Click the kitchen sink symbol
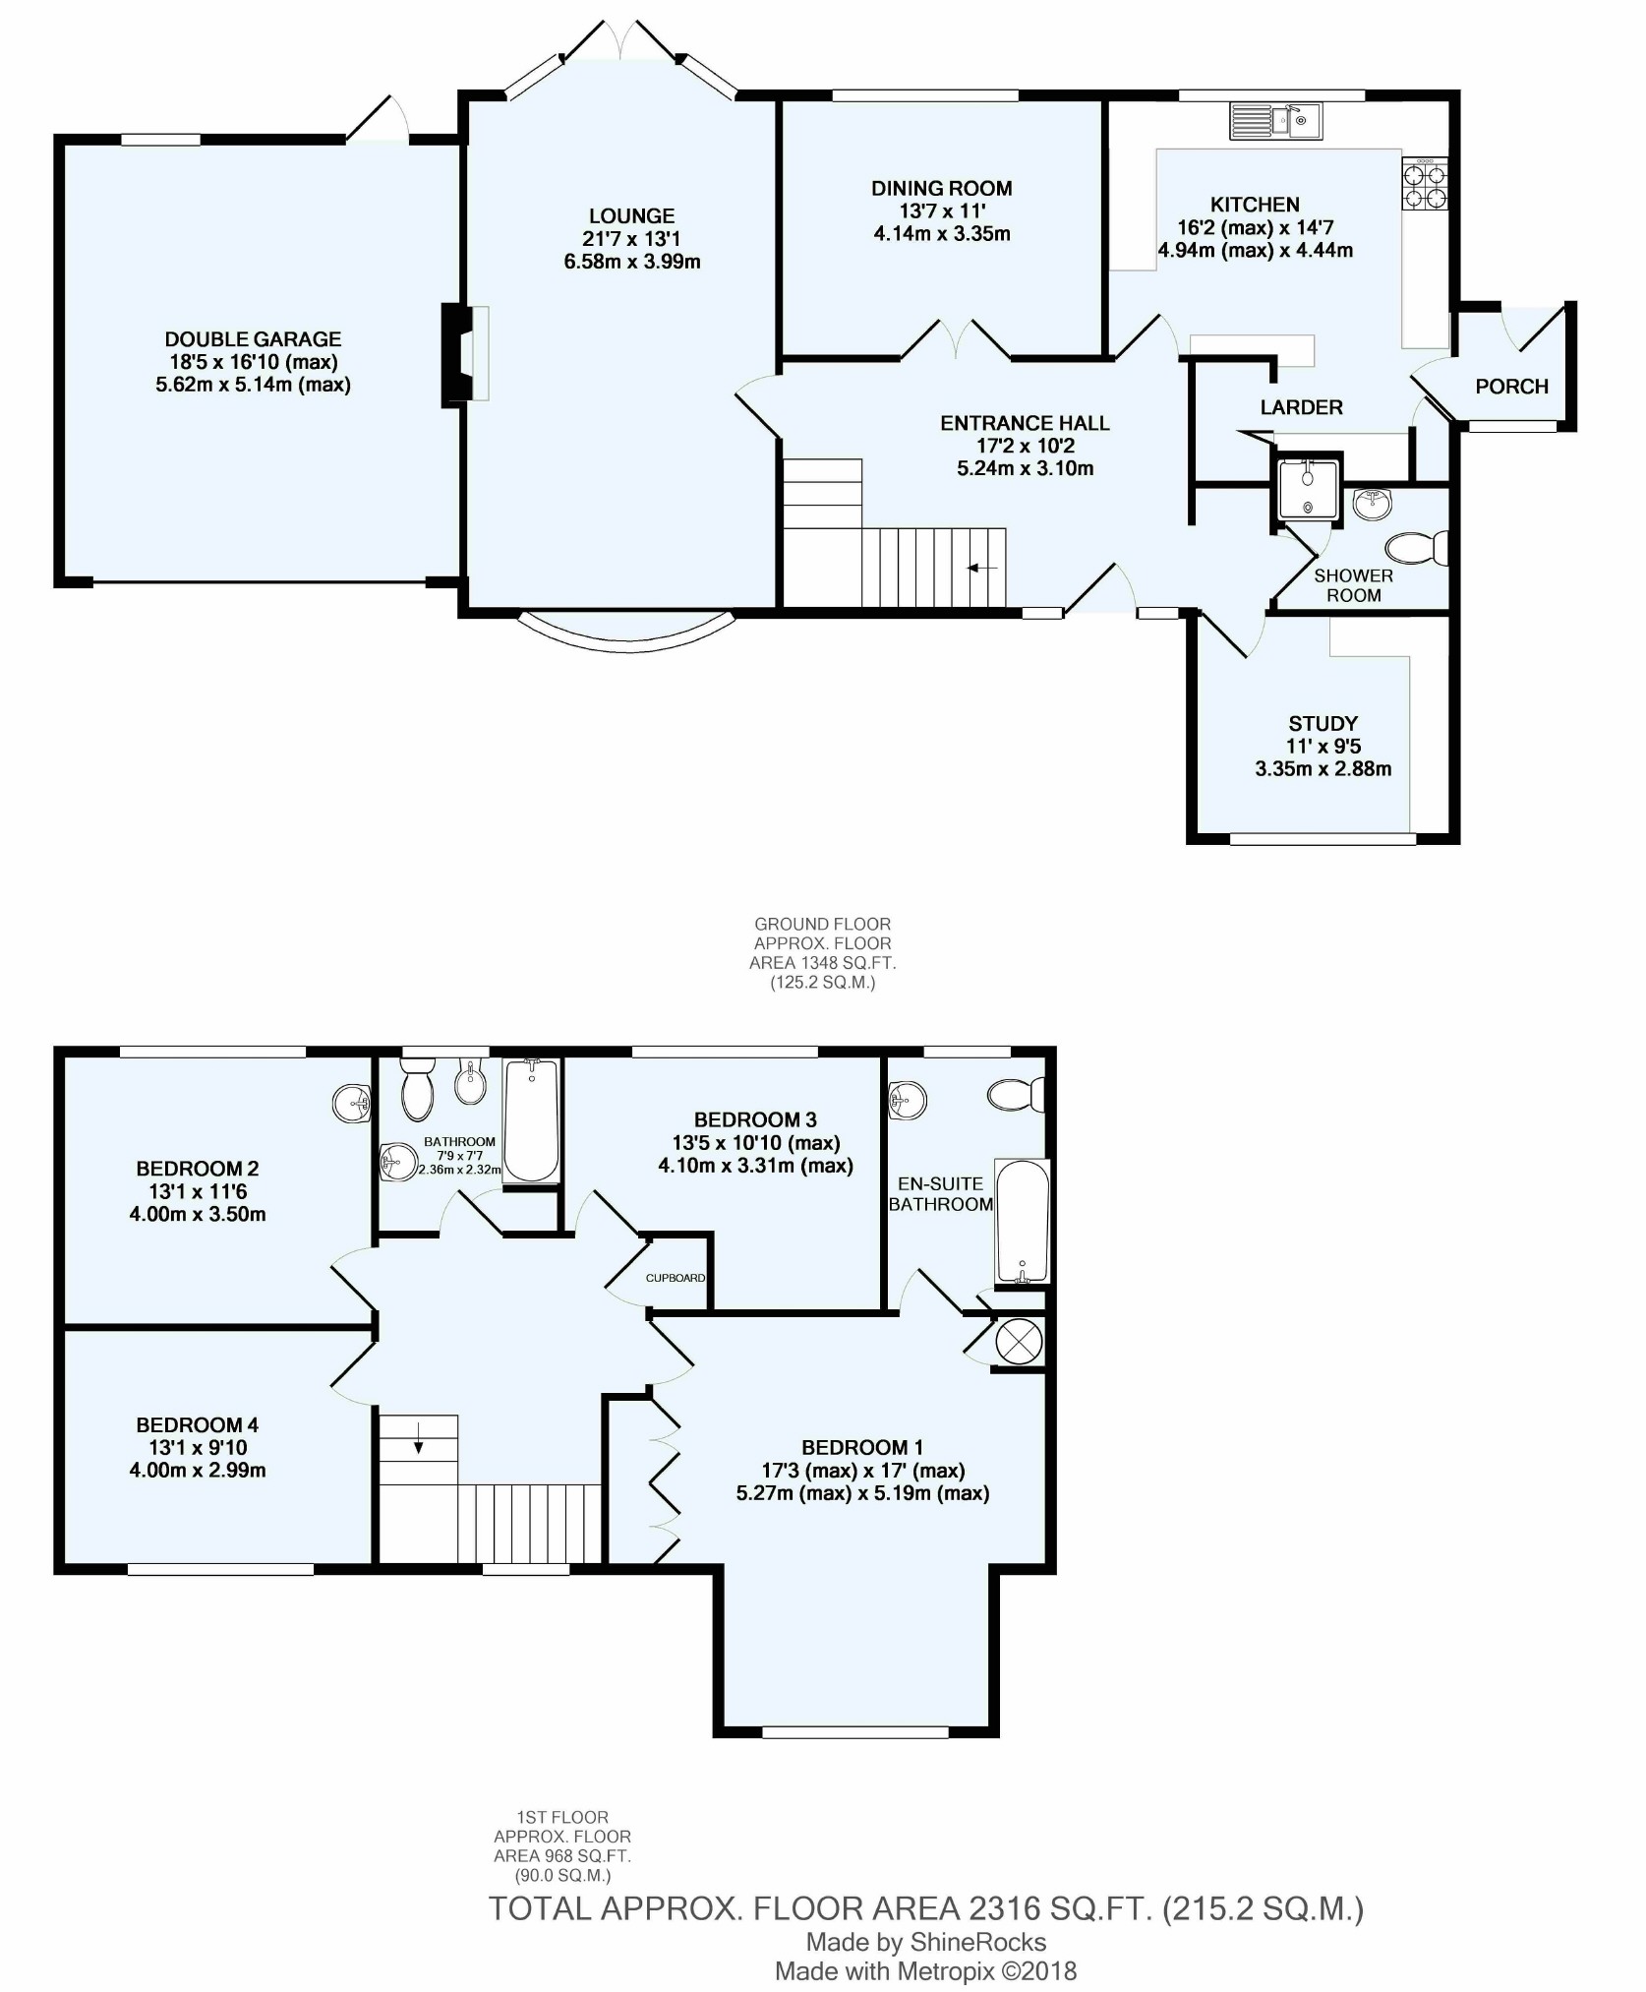(1276, 121)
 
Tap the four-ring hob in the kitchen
(1425, 184)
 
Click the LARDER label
(1301, 407)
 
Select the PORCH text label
(1511, 387)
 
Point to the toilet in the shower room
(1417, 548)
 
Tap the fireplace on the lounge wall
(466, 354)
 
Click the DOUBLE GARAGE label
(253, 339)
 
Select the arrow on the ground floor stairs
(981, 568)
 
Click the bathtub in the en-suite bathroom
(1023, 1222)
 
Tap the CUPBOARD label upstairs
(676, 1278)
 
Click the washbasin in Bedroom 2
(351, 1104)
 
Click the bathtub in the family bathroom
(531, 1120)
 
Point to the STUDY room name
(1323, 723)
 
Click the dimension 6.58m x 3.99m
(632, 262)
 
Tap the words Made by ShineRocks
(926, 1942)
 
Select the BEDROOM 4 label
(197, 1425)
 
